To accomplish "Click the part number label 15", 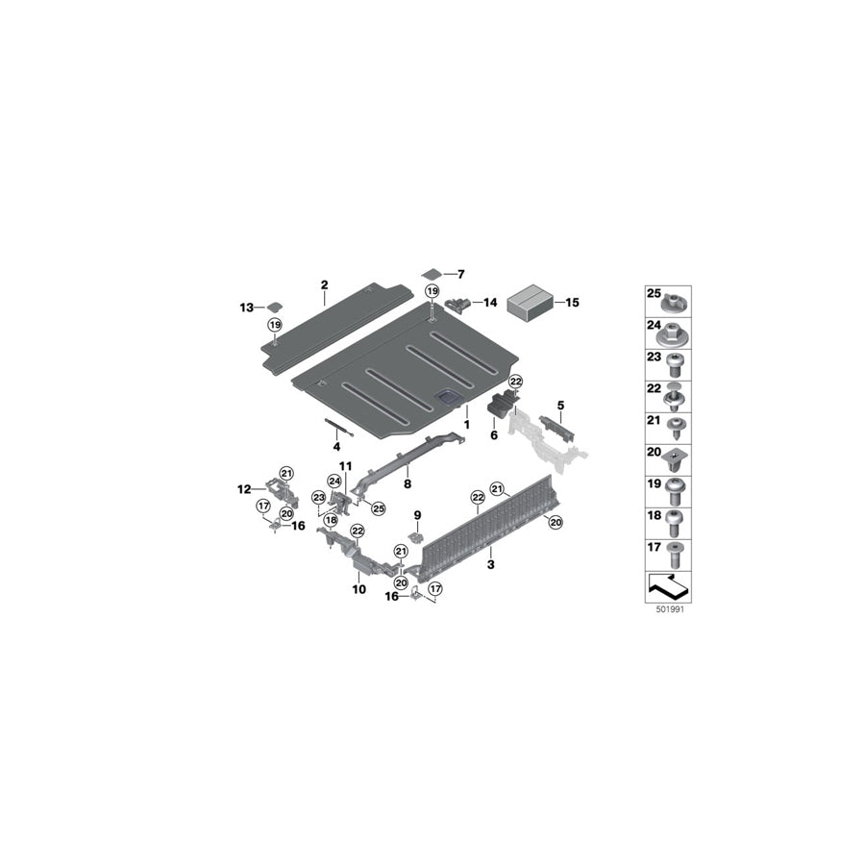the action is tap(573, 303).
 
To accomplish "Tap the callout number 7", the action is tap(460, 274).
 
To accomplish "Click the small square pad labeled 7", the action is tap(432, 274).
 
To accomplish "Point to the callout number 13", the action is tap(246, 308).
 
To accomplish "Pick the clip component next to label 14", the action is tap(457, 303).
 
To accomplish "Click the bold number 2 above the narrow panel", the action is tap(325, 284).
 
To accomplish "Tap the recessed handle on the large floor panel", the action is tap(446, 397).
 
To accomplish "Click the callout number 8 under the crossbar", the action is tap(408, 483).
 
